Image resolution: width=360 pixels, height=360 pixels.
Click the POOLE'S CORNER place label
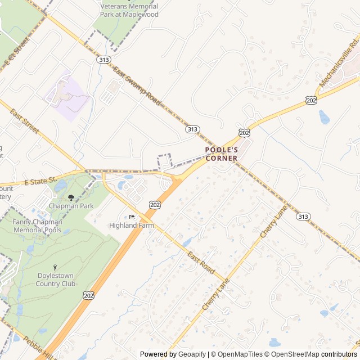point(221,154)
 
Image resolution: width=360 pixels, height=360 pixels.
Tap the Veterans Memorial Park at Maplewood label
point(129,10)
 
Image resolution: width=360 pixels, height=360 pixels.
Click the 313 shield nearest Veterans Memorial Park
point(103,59)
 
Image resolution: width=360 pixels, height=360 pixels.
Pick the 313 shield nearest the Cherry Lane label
point(303,217)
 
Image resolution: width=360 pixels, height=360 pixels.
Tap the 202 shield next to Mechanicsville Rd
point(311,100)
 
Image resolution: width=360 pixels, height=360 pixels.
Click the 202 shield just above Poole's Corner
point(244,132)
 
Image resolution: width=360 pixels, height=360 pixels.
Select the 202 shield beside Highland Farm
point(155,205)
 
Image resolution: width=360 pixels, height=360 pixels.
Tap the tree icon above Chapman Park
point(71,197)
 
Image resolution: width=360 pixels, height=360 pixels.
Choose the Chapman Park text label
point(71,206)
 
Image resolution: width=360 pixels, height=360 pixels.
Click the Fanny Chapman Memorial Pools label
point(37,226)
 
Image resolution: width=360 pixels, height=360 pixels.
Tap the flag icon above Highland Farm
point(132,217)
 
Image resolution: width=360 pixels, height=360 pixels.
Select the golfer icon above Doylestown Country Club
point(55,267)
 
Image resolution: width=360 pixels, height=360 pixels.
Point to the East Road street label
point(201,263)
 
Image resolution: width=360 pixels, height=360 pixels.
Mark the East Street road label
point(25,121)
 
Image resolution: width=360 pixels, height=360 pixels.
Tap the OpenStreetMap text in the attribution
point(293,354)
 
